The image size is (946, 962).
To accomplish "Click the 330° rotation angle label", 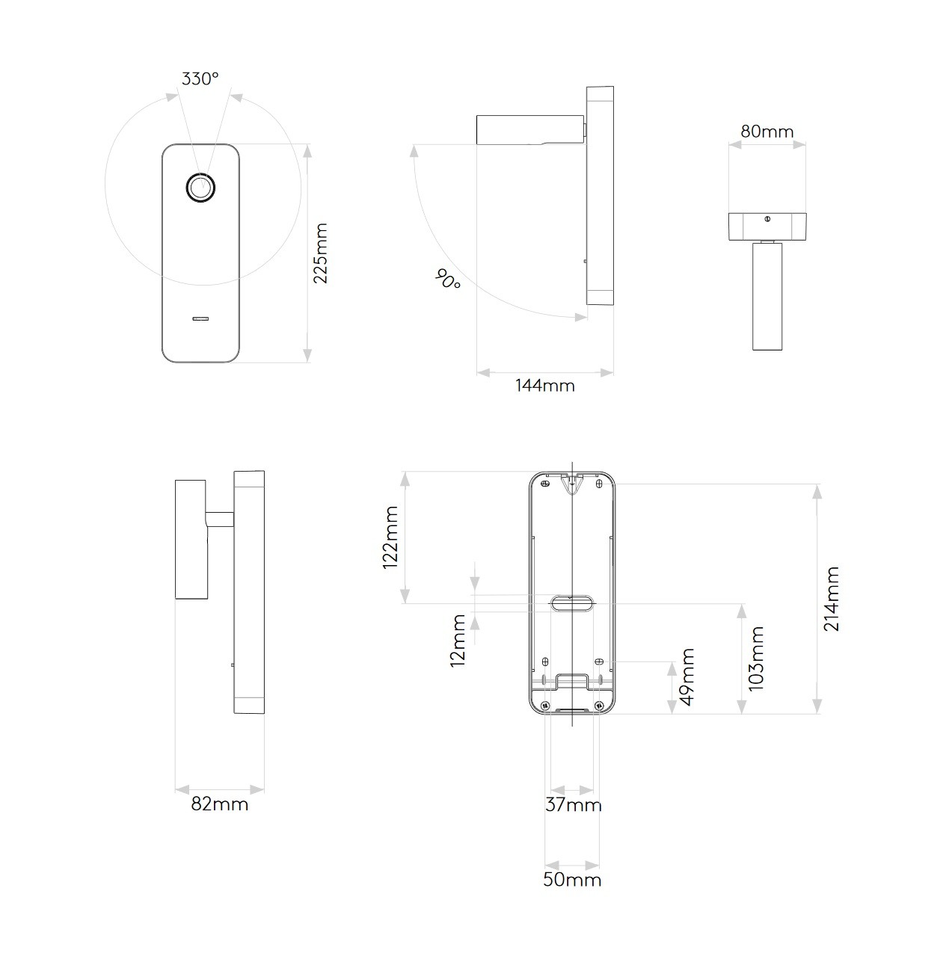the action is click(x=200, y=79).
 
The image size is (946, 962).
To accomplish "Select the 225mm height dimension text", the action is click(x=320, y=253).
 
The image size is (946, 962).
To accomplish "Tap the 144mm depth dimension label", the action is click(x=545, y=386).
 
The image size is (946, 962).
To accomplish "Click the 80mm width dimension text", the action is click(x=767, y=132).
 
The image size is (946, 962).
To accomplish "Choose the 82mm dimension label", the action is click(x=219, y=804).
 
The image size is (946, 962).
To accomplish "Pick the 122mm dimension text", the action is click(x=390, y=537).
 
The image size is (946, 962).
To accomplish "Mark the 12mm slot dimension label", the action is click(x=458, y=641).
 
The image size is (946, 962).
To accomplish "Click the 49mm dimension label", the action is click(x=687, y=677).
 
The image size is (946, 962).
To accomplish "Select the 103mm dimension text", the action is click(x=756, y=659).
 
